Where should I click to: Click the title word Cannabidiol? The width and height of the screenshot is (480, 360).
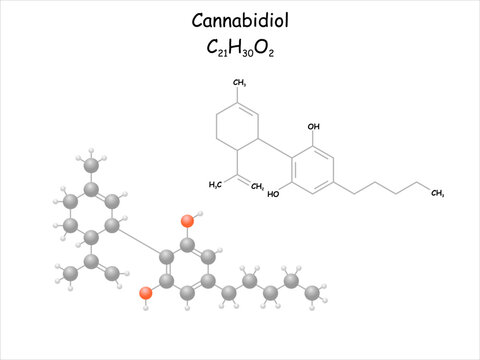click(x=238, y=22)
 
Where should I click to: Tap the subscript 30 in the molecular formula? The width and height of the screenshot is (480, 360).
click(x=253, y=51)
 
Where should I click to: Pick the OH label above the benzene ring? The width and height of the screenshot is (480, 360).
click(x=314, y=127)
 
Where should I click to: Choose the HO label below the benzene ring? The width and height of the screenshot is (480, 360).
click(x=273, y=194)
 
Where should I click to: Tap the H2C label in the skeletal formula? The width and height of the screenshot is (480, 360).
click(x=215, y=184)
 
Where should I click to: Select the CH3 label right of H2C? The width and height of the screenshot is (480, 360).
click(x=258, y=186)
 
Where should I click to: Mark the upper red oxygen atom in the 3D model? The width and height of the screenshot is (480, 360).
click(x=187, y=221)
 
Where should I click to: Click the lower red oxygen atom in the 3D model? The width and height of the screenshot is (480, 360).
click(x=146, y=293)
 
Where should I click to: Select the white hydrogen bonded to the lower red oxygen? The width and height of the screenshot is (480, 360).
click(x=146, y=307)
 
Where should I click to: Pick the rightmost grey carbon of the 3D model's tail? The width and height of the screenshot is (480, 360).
click(x=313, y=292)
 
